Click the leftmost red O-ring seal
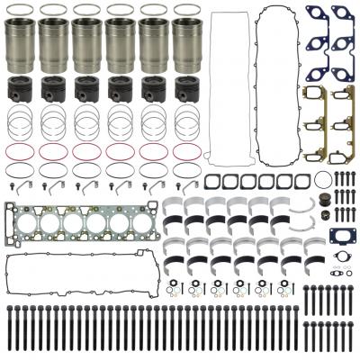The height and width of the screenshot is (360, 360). (22, 149)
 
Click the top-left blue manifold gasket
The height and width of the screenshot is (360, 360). (316, 16)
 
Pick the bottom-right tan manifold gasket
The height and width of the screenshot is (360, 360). (343, 144)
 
